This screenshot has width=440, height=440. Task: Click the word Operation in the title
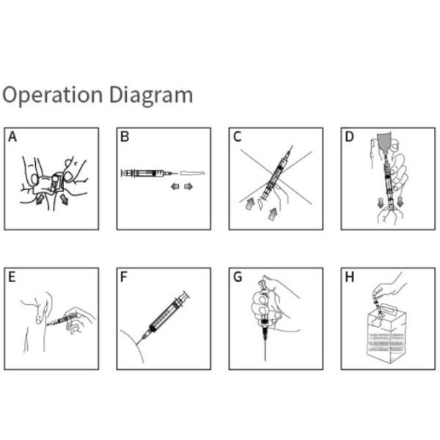[x=53, y=95]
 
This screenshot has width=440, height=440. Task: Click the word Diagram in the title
[x=151, y=95]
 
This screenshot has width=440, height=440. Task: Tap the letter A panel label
[x=12, y=136]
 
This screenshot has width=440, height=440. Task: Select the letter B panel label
[x=125, y=136]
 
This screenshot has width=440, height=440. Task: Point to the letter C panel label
[x=238, y=136]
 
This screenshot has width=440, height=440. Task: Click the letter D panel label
[x=349, y=136]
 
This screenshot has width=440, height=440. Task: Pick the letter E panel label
[x=12, y=277]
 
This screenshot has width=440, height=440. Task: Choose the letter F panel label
[x=124, y=277]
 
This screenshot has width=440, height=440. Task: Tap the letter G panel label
[x=238, y=277]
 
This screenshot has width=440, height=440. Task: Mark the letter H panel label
[x=350, y=277]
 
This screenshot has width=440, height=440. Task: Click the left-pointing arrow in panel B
[x=175, y=186]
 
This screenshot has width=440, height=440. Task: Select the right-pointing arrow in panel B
[x=188, y=186]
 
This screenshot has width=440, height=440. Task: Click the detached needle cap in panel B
[x=192, y=173]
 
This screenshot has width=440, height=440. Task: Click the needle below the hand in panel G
[x=265, y=347]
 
